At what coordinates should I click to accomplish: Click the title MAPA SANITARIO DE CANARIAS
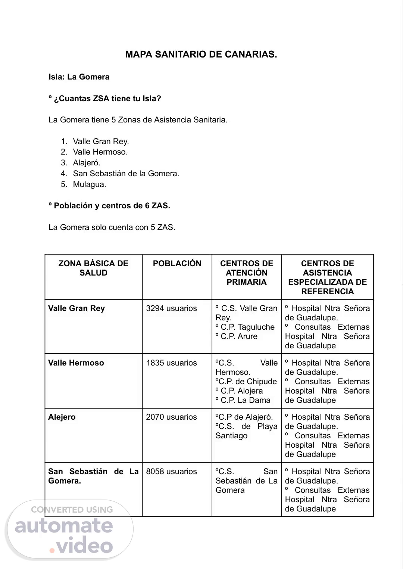pyautogui.click(x=201, y=55)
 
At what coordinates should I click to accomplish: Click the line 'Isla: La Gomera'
pyautogui.click(x=79, y=77)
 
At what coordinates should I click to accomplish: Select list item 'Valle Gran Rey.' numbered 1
pyautogui.click(x=101, y=142)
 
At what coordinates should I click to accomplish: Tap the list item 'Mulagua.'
pyautogui.click(x=90, y=184)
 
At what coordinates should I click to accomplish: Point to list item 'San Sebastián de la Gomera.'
pyautogui.click(x=126, y=174)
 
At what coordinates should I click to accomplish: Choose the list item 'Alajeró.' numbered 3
pyautogui.click(x=87, y=163)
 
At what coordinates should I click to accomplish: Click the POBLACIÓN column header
pyautogui.click(x=177, y=264)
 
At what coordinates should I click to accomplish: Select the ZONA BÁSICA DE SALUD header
pyautogui.click(x=93, y=268)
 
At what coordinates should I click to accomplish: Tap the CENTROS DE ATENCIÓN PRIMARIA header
pyautogui.click(x=247, y=273)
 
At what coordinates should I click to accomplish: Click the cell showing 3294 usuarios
pyautogui.click(x=171, y=308)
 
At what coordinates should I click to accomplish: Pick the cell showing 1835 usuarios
pyautogui.click(x=171, y=363)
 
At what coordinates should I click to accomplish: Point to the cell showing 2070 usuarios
pyautogui.click(x=171, y=417)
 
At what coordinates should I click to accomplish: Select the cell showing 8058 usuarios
pyautogui.click(x=171, y=472)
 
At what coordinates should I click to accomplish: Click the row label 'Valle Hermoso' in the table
pyautogui.click(x=76, y=363)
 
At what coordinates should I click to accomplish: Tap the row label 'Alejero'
pyautogui.click(x=62, y=417)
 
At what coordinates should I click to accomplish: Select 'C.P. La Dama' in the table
pyautogui.click(x=245, y=400)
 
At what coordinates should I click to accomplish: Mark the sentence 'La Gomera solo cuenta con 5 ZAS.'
pyautogui.click(x=112, y=227)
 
